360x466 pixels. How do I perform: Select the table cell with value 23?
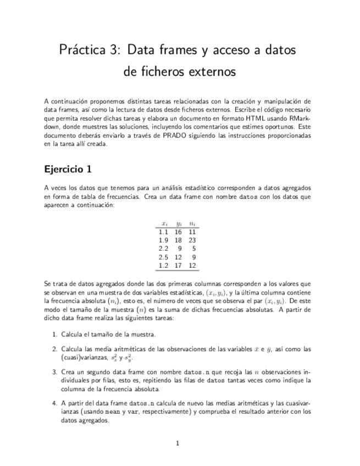(192, 240)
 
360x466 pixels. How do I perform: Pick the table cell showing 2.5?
(163, 257)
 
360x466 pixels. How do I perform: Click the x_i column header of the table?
(164, 224)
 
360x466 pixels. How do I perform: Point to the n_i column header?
(192, 224)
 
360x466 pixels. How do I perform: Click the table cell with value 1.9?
(163, 240)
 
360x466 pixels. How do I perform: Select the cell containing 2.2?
(163, 249)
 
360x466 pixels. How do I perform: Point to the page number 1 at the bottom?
(178, 443)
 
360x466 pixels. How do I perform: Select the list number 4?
(54, 403)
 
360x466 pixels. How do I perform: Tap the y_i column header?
(179, 224)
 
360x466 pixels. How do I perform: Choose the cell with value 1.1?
(163, 232)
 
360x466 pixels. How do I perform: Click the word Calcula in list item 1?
(72, 334)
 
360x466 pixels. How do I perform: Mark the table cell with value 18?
(178, 240)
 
